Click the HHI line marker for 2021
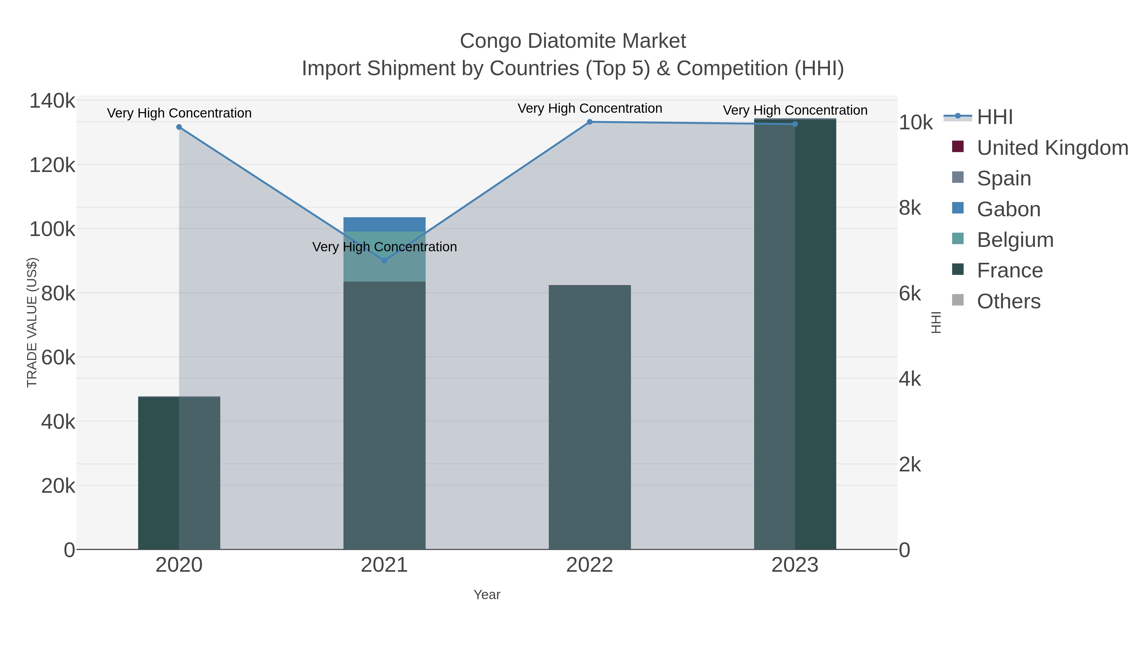click(384, 261)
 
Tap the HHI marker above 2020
click(179, 127)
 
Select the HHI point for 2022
click(590, 122)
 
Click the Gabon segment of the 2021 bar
click(384, 224)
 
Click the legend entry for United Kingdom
click(1052, 148)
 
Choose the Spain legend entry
click(1004, 178)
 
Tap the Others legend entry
click(1008, 301)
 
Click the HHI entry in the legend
click(995, 117)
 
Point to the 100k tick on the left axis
click(52, 230)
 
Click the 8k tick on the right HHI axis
click(910, 208)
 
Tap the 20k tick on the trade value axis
click(58, 486)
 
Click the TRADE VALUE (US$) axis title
click(32, 322)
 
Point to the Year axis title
click(487, 595)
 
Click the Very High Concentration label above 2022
click(590, 108)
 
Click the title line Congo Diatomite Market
click(573, 41)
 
